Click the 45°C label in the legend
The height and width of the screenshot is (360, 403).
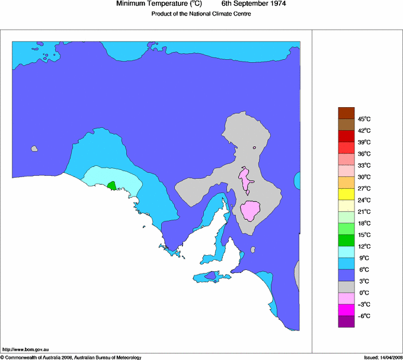(x=347, y=119)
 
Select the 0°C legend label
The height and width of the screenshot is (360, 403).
(x=347, y=292)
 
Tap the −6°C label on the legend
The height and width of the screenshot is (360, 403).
(x=347, y=316)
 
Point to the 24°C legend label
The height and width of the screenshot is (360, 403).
(x=347, y=200)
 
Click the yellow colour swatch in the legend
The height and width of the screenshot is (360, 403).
(x=346, y=194)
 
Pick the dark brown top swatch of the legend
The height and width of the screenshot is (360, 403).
(x=346, y=112)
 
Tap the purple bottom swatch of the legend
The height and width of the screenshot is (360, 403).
(x=346, y=322)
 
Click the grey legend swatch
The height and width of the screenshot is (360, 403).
(x=346, y=287)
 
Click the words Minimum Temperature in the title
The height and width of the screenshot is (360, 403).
(x=151, y=4)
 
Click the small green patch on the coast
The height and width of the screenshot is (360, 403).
(x=111, y=186)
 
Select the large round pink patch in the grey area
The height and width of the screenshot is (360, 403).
(x=251, y=210)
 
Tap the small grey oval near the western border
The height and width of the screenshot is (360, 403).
(x=34, y=149)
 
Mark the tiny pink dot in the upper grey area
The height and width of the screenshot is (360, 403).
(x=254, y=147)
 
